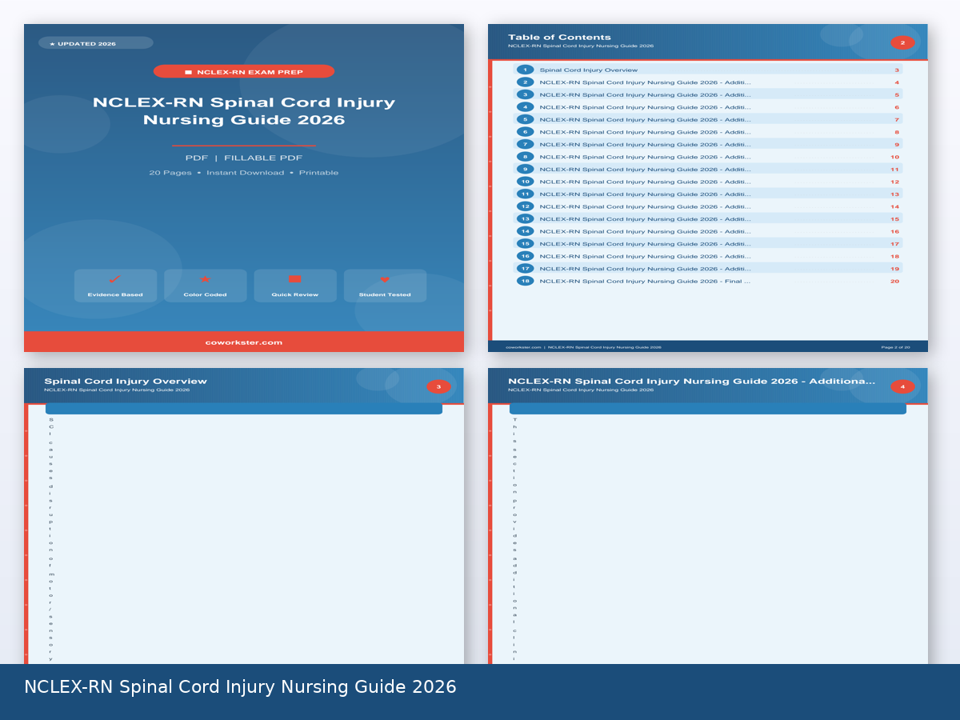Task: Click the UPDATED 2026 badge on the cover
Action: tap(95, 43)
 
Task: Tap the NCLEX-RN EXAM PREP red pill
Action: tap(244, 72)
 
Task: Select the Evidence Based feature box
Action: tap(115, 286)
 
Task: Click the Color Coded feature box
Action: tap(205, 286)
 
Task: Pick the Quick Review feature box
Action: tap(294, 286)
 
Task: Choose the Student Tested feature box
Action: tap(385, 286)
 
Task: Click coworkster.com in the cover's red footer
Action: tap(244, 342)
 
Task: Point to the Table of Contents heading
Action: tap(559, 37)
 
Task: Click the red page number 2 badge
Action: tap(902, 43)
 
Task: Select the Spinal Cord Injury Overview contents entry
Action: tap(588, 70)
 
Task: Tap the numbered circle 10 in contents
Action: tap(525, 182)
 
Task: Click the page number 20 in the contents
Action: tap(894, 281)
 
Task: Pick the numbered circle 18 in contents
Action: tap(525, 281)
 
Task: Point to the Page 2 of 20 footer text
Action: tap(895, 347)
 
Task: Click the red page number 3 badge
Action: tap(438, 387)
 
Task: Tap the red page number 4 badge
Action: tap(902, 387)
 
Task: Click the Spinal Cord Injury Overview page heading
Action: tap(126, 381)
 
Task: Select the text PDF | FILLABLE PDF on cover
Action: tap(244, 158)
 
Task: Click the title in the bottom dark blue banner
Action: tap(240, 687)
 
